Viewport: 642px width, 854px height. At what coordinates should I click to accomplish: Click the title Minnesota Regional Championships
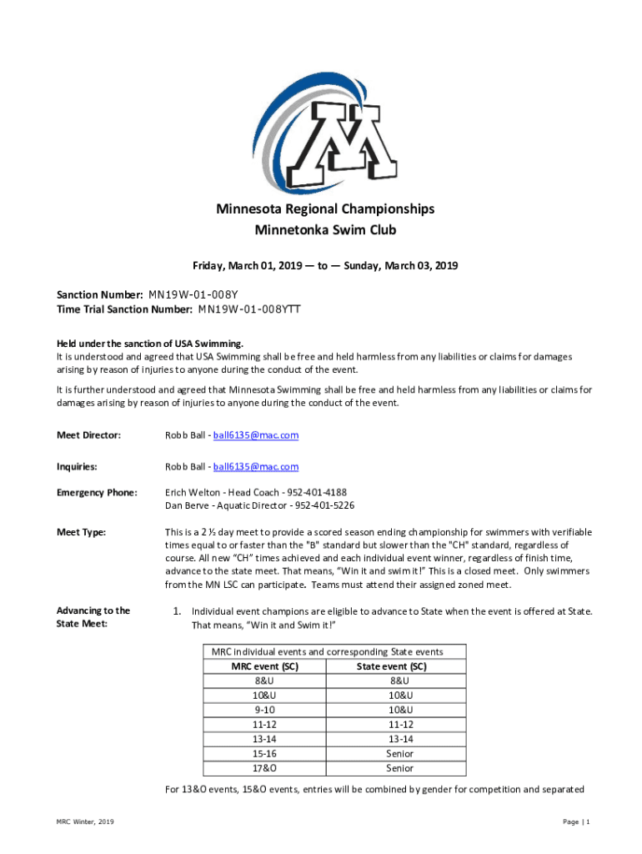[x=320, y=208]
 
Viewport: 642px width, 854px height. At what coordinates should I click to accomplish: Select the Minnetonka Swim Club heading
[x=320, y=229]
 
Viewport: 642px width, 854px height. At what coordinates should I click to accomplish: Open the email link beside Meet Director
[x=256, y=435]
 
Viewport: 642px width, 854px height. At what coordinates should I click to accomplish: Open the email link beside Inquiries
[x=256, y=467]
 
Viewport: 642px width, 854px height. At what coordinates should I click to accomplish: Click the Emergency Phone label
[x=96, y=492]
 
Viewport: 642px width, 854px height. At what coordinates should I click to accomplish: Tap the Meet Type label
[x=81, y=531]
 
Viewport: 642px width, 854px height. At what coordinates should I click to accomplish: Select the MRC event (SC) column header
[x=265, y=666]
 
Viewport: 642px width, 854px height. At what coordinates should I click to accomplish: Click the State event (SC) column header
[x=392, y=666]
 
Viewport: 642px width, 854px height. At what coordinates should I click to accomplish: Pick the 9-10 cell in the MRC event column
[x=265, y=710]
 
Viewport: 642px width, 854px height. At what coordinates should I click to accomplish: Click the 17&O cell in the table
[x=265, y=768]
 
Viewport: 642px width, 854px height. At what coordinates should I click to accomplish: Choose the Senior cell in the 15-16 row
[x=399, y=753]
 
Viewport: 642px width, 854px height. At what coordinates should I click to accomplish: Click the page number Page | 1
[x=576, y=822]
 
